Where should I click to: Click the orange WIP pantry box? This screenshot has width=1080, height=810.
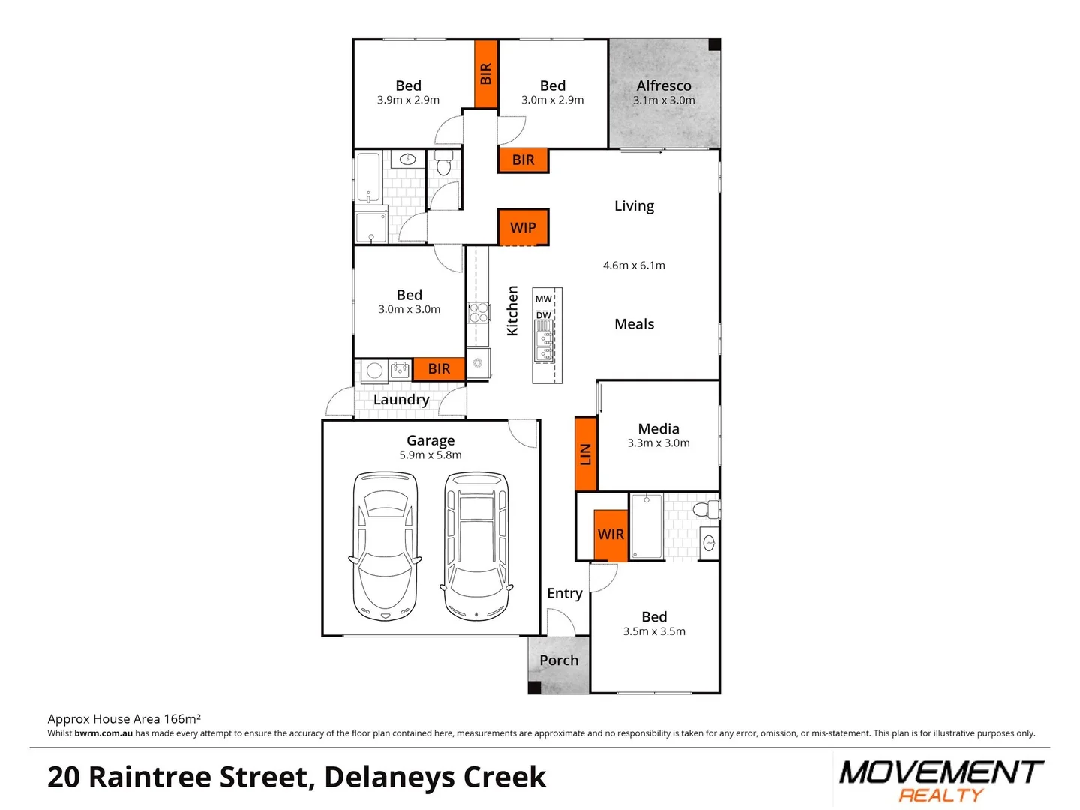[x=523, y=227]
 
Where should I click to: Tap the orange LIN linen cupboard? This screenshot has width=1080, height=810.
[x=586, y=454]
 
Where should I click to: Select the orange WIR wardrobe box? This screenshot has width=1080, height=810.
[x=610, y=535]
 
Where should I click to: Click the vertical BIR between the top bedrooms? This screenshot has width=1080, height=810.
[x=486, y=73]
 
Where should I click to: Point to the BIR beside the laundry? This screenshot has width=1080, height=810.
[x=439, y=368]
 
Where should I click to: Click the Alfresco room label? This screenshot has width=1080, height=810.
[x=664, y=85]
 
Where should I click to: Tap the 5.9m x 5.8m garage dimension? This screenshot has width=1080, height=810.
[x=430, y=455]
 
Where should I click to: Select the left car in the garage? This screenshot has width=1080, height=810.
[x=385, y=546]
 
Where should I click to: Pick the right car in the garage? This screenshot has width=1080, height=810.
[x=476, y=546]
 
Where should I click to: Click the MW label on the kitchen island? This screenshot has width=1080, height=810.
[x=544, y=298]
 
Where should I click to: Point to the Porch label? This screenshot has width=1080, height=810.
[x=559, y=661]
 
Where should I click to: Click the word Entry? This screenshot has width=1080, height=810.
[x=564, y=593]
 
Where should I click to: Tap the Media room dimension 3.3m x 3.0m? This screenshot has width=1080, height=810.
[x=658, y=443]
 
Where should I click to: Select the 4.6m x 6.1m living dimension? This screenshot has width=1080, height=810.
[x=634, y=265]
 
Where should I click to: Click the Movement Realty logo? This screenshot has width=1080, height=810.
[x=940, y=781]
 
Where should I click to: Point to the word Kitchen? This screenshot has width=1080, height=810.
[x=512, y=310]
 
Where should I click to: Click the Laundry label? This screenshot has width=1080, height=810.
[x=401, y=400]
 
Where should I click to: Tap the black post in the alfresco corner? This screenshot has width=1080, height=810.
[x=714, y=45]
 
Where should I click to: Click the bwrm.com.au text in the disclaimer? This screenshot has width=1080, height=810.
[x=103, y=733]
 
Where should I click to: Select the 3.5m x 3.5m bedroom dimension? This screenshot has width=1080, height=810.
[x=654, y=631]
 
